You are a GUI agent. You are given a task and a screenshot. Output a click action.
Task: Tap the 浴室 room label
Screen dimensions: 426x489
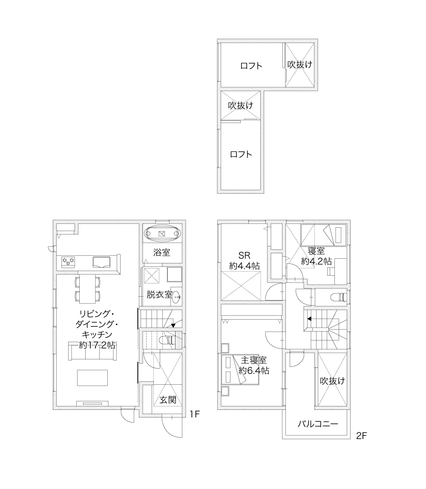click(x=161, y=252)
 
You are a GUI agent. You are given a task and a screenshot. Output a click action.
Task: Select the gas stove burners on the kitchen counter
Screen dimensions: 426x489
click(x=68, y=262)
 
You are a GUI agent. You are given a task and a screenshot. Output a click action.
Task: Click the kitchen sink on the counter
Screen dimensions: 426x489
click(x=101, y=262)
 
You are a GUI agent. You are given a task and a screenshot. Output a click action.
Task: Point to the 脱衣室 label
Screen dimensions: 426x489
click(x=159, y=294)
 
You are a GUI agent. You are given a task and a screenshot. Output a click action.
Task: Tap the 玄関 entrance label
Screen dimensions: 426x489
click(x=168, y=400)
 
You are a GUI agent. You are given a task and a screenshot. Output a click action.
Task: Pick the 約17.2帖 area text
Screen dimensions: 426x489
click(x=97, y=345)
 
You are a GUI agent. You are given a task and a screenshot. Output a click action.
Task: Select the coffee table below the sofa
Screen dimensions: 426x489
click(x=92, y=378)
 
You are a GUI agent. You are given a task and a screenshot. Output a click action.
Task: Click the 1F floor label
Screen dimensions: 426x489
click(x=195, y=414)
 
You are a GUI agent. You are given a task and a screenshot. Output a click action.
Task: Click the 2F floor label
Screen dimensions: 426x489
click(x=361, y=436)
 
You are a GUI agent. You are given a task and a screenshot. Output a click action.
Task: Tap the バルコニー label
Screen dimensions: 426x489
click(x=318, y=424)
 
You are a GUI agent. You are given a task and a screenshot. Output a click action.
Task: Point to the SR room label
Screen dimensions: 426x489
click(x=245, y=255)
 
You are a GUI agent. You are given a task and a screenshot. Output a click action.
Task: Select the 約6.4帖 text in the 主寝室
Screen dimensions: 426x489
click(x=254, y=371)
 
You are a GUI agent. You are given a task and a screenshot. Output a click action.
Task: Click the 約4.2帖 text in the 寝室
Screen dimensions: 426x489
click(x=316, y=261)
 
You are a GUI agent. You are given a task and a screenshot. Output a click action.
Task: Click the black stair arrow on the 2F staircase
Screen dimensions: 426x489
click(x=309, y=319)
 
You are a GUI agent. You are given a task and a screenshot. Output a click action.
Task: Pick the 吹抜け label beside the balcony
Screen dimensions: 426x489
click(x=333, y=381)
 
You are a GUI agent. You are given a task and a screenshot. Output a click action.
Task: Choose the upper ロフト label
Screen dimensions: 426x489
click(x=251, y=66)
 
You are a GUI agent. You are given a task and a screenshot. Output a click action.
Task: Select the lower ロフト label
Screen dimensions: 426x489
click(x=241, y=154)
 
